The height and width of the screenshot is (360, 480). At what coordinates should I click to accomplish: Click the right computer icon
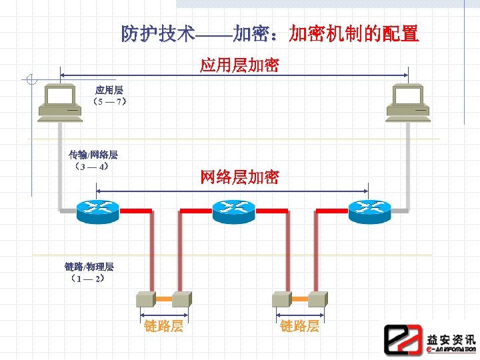click(x=408, y=103)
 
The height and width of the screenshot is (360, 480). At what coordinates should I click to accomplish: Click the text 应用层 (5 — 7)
click(x=109, y=95)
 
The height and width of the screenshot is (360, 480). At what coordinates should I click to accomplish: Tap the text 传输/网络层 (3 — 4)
click(x=94, y=161)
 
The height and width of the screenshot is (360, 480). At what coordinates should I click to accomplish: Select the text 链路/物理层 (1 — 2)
click(x=89, y=272)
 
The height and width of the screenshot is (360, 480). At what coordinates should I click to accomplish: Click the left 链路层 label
click(x=164, y=326)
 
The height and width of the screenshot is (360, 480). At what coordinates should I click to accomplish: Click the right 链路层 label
click(x=299, y=326)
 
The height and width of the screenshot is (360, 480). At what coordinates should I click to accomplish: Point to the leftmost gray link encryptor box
click(x=145, y=297)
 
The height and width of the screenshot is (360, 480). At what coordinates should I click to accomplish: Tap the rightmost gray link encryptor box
click(x=318, y=297)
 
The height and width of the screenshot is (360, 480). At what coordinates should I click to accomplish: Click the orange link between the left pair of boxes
click(x=163, y=297)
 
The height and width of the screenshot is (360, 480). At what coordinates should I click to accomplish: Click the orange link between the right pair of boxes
click(x=299, y=297)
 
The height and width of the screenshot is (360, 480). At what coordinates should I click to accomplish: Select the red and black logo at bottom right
click(x=403, y=339)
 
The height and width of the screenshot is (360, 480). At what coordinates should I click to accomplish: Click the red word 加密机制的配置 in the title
click(x=354, y=33)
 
